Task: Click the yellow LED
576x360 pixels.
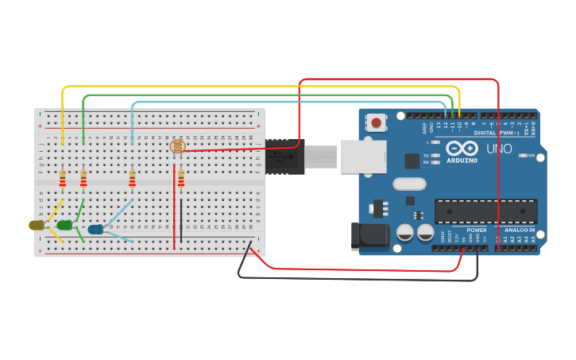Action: click(37, 225)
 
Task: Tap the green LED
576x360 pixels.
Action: click(64, 226)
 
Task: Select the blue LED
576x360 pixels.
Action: click(95, 230)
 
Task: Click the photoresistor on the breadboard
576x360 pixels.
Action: click(177, 146)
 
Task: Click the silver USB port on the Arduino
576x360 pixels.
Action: click(363, 157)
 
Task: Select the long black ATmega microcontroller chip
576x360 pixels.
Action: click(485, 211)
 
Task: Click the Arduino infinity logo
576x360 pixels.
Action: click(462, 149)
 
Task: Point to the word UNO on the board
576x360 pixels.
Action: click(499, 149)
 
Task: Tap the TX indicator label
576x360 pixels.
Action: click(427, 155)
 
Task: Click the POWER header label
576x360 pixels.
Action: click(477, 230)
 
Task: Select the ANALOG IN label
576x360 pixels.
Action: click(520, 230)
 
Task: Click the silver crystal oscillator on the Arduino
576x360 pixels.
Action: click(409, 184)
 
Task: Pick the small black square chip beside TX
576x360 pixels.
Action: click(412, 161)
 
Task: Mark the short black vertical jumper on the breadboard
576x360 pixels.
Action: click(181, 220)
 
